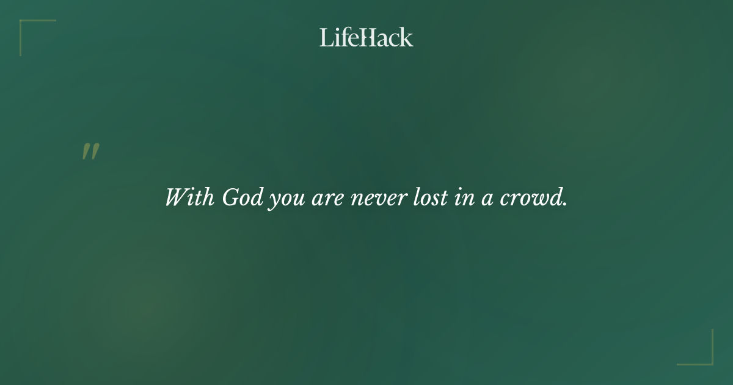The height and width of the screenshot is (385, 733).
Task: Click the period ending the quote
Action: pos(565,204)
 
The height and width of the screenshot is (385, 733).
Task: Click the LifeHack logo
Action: pos(366,37)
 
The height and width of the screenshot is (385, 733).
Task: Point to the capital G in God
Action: pos(230,197)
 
